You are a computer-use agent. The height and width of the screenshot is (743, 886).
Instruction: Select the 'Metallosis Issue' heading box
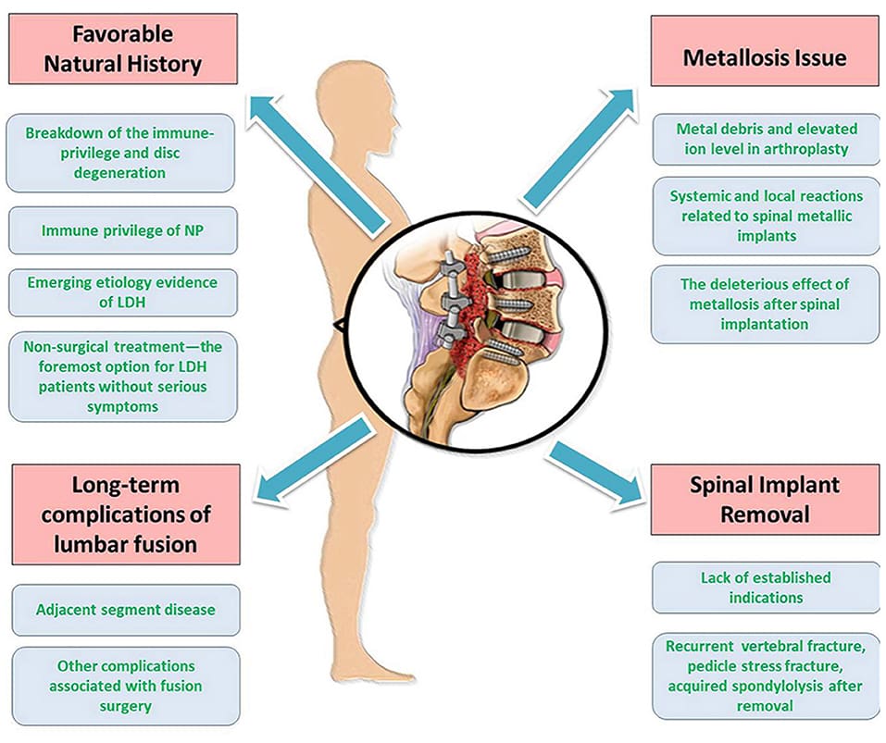tap(764, 56)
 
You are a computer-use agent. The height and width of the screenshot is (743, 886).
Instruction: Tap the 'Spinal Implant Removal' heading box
tap(764, 499)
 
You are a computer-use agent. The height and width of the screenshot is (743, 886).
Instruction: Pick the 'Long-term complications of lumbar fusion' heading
tap(125, 513)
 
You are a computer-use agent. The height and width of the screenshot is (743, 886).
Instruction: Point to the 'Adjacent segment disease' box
tap(125, 610)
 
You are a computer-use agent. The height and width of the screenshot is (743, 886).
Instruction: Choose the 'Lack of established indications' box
tap(765, 587)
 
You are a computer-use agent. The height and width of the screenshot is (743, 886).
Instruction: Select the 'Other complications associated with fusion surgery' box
tap(125, 685)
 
